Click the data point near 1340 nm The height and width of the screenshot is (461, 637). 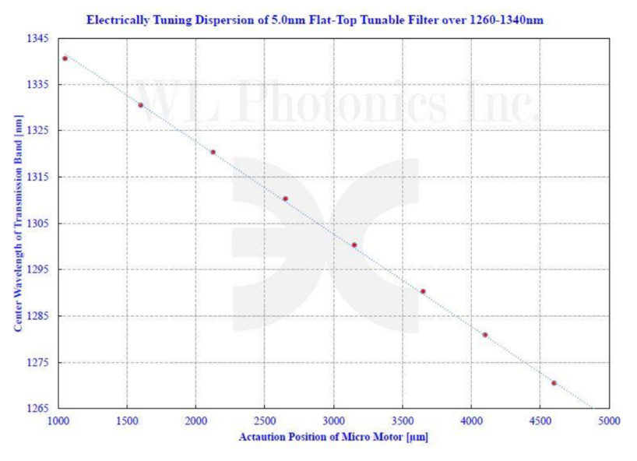point(65,58)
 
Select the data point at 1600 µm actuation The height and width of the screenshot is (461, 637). point(140,105)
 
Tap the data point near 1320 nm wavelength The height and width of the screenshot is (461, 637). point(213,152)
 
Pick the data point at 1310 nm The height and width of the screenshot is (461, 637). point(285,199)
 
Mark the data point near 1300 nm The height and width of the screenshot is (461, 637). point(354,245)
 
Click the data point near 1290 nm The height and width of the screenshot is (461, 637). point(423,291)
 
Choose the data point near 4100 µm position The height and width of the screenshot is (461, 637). point(484,335)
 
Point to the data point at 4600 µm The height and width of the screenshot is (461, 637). point(554,382)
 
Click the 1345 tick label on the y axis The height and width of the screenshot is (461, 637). point(41,38)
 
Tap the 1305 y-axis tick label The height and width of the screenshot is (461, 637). point(41,223)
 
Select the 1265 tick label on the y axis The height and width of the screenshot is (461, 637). point(41,409)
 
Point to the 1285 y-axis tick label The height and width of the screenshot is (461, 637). point(41,316)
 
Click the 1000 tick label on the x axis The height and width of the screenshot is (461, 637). point(58,421)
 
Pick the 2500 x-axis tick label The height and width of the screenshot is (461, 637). point(264,421)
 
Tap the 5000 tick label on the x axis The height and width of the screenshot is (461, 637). point(609,421)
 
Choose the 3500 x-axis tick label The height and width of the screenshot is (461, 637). point(402,421)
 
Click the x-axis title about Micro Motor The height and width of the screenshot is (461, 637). point(333,437)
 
